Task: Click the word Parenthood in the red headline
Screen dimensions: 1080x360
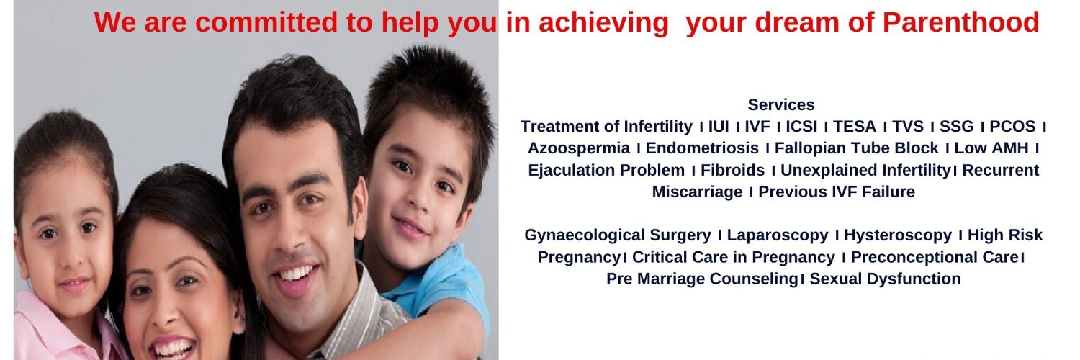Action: click(x=960, y=22)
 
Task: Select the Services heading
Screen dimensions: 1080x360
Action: click(x=781, y=104)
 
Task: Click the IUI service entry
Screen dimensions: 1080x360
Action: click(x=719, y=126)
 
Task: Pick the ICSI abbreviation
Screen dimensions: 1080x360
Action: click(x=802, y=126)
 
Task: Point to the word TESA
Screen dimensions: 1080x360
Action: click(x=855, y=126)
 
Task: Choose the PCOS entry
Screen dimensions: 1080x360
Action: click(x=1012, y=126)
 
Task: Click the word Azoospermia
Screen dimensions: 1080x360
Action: click(x=579, y=148)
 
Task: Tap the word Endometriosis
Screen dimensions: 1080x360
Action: click(x=702, y=148)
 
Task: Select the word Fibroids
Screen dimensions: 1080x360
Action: click(x=732, y=170)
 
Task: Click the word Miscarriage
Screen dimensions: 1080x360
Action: click(x=697, y=192)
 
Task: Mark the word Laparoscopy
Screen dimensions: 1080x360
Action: click(x=777, y=235)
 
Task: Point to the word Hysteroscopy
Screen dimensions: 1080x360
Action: click(x=898, y=235)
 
